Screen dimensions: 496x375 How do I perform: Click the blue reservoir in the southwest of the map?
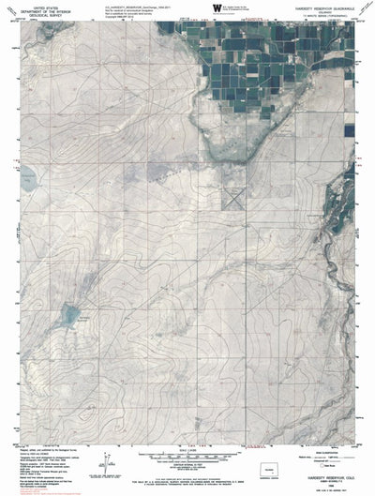click(x=67, y=315)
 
